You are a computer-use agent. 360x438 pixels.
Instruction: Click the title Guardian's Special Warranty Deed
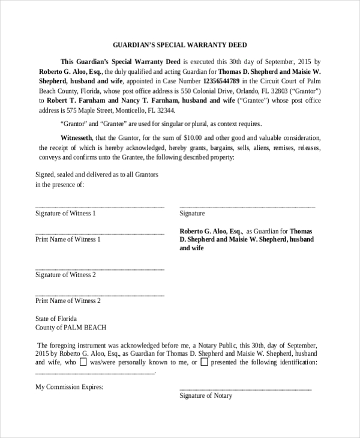click(180, 44)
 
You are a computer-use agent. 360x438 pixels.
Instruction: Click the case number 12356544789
click(222, 81)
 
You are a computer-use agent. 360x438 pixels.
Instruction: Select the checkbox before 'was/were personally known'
click(83, 362)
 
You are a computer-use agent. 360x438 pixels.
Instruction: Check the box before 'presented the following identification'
click(205, 362)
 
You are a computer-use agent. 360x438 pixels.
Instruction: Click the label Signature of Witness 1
click(65, 213)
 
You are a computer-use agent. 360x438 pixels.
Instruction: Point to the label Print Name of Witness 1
click(68, 239)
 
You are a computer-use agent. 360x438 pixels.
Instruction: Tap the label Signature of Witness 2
click(65, 275)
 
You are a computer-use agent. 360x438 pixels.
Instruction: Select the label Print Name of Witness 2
click(68, 301)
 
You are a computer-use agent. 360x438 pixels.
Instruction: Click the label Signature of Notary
click(206, 396)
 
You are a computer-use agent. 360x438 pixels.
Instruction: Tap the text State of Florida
click(56, 319)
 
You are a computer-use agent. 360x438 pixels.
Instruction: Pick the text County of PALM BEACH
click(71, 328)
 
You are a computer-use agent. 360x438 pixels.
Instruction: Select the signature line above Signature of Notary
click(245, 390)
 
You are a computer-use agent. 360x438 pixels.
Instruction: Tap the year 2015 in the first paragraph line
click(305, 61)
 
